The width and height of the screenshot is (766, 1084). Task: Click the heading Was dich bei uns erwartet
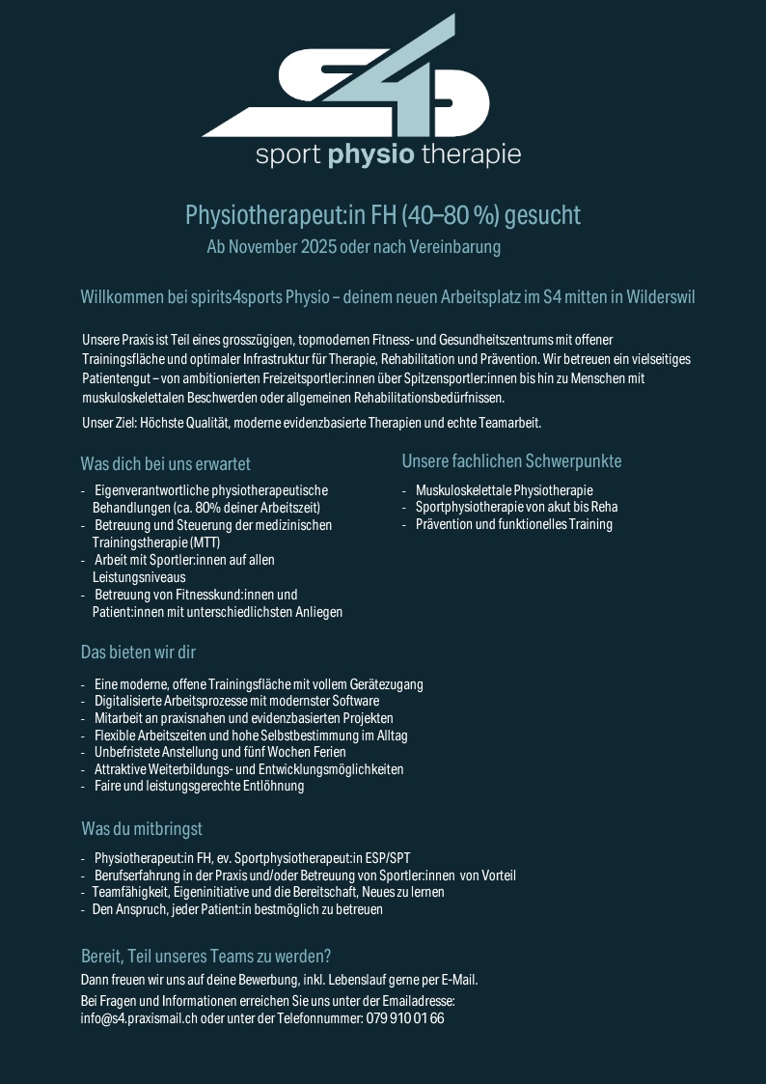click(x=166, y=463)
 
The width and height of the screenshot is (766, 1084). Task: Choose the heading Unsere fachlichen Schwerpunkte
click(x=511, y=460)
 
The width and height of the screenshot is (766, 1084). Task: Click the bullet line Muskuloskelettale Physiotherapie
click(x=504, y=490)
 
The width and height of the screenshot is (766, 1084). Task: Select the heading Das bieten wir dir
click(x=138, y=653)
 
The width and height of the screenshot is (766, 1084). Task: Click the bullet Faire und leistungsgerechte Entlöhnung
click(x=199, y=787)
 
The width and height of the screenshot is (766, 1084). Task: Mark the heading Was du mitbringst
click(x=142, y=829)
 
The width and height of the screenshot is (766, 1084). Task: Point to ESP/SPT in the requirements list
click(x=387, y=858)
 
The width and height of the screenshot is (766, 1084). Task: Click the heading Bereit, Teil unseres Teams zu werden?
click(x=206, y=957)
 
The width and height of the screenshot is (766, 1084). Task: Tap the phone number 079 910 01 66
click(x=405, y=1018)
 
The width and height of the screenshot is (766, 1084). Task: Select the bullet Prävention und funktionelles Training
click(x=513, y=525)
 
